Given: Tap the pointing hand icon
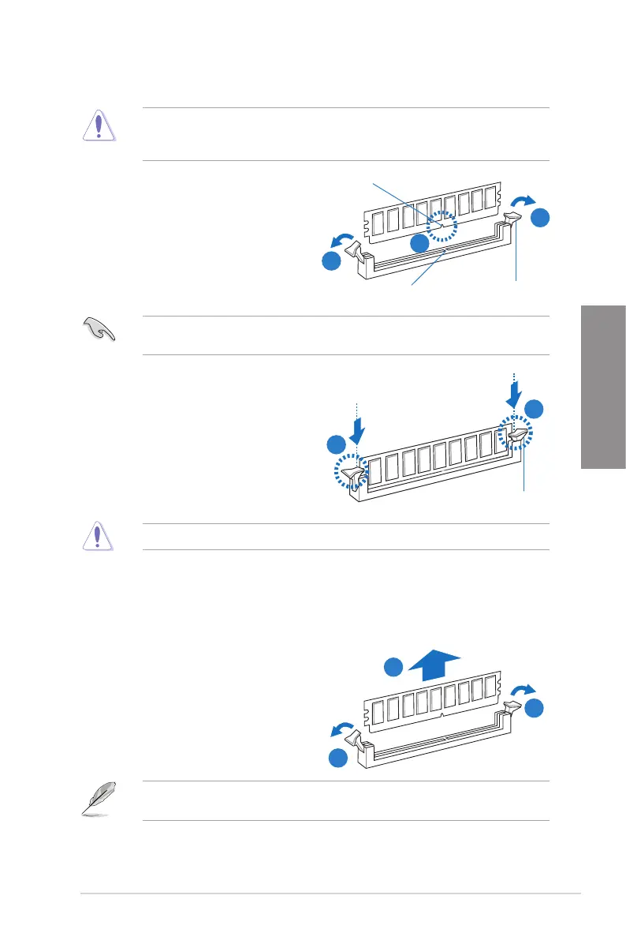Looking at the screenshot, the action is tap(99, 328).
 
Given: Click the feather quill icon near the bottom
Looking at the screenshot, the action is tap(98, 798).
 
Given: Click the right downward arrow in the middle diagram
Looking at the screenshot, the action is tap(514, 391).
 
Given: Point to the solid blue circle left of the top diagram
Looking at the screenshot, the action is tap(333, 261).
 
